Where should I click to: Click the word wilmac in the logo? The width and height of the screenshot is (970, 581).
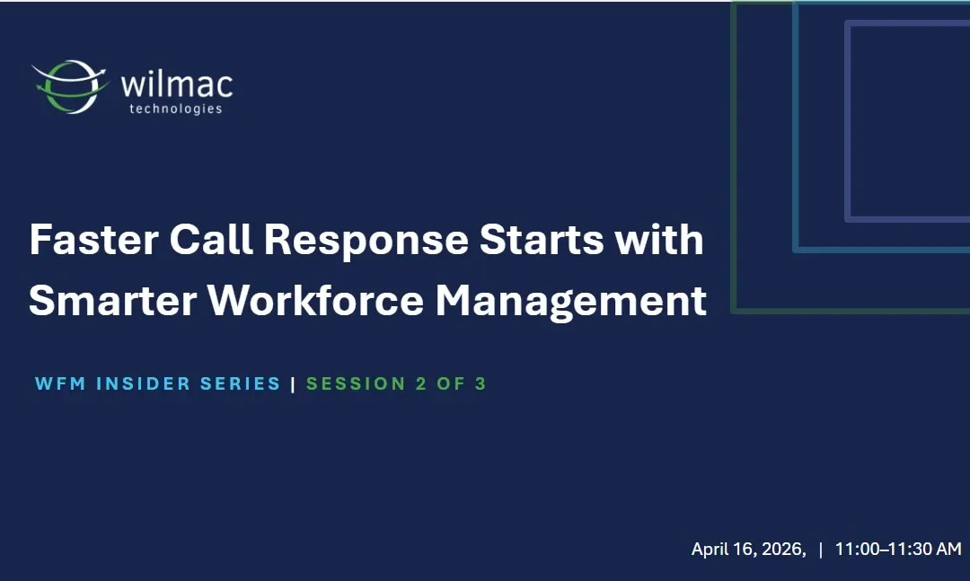(176, 84)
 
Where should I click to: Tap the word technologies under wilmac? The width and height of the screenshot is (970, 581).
(176, 109)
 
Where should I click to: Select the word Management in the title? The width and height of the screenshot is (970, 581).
(571, 303)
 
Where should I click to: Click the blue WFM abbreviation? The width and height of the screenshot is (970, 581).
(60, 384)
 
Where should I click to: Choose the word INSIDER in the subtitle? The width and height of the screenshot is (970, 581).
(143, 384)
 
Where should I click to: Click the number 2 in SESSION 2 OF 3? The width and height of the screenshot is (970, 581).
(421, 384)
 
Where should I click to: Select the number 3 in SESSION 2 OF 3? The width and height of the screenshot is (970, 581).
(481, 384)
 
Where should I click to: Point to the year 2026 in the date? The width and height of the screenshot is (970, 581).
(782, 550)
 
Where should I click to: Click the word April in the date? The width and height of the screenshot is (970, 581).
(710, 550)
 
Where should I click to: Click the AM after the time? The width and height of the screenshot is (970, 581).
(948, 550)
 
